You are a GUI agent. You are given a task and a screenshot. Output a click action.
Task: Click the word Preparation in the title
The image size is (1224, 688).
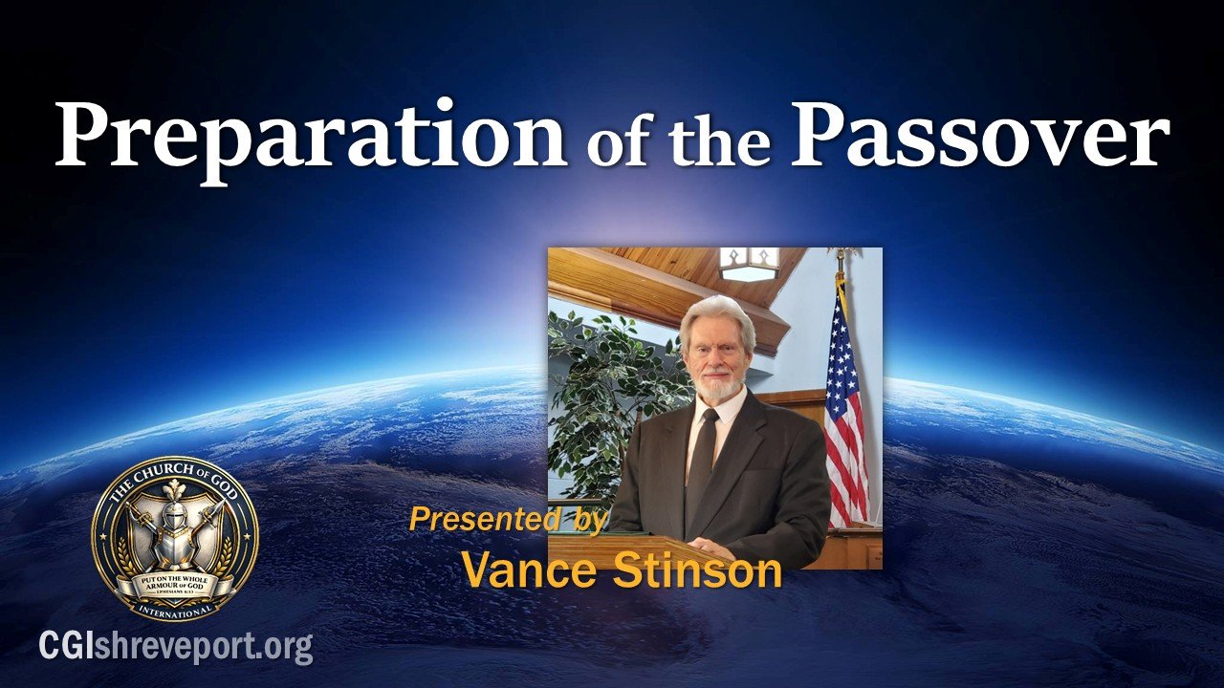311,137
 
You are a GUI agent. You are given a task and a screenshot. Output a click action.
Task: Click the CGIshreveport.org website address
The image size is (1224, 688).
176,647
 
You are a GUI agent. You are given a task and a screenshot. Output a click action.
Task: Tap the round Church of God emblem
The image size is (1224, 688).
174,538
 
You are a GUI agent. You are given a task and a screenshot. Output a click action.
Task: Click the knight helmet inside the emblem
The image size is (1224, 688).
174,521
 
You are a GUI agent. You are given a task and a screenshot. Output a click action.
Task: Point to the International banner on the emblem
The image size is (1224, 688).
174,605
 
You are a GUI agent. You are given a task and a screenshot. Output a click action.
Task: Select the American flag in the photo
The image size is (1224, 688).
846,411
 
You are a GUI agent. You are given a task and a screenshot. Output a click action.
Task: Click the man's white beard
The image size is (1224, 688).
719,388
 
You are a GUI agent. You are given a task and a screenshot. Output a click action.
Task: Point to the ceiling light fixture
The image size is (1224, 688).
749,263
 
